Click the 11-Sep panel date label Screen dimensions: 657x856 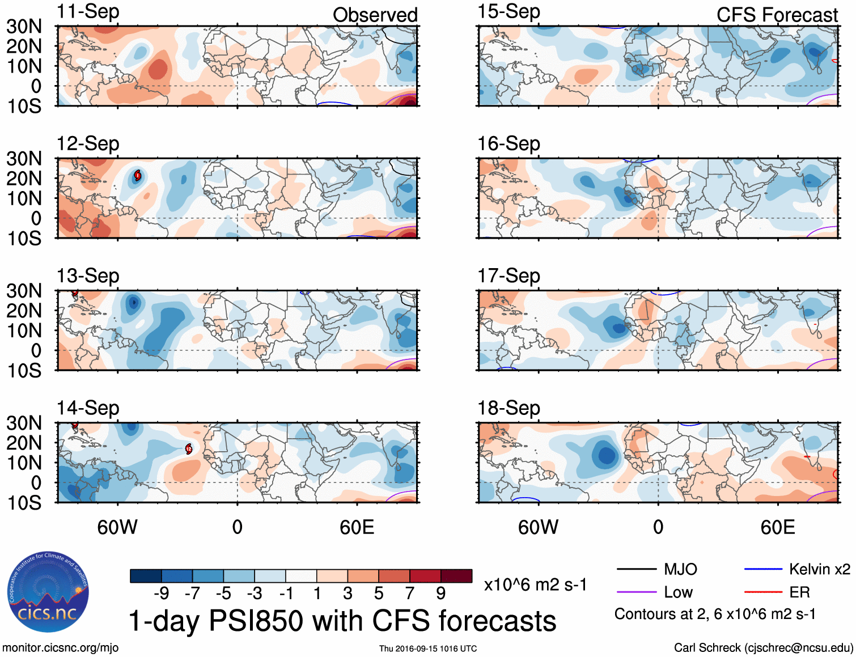click(88, 12)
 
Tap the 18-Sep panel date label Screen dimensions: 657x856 click(508, 408)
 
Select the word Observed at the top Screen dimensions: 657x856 click(375, 15)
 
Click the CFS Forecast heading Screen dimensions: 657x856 click(777, 15)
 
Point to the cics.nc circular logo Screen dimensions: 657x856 click(48, 593)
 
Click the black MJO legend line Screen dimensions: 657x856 click(636, 569)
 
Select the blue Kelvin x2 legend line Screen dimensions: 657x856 click(763, 569)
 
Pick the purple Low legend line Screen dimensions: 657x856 click(636, 592)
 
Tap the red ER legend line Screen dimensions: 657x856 click(763, 592)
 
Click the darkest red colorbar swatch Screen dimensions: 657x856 click(456, 576)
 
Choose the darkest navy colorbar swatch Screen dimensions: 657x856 click(145, 576)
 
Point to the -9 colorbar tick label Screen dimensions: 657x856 click(161, 594)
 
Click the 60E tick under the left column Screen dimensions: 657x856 click(357, 527)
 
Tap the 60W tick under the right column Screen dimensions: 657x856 click(538, 527)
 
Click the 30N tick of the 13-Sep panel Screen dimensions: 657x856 click(24, 291)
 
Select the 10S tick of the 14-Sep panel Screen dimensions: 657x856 click(24, 503)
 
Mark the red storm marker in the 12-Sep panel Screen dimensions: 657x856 click(137, 176)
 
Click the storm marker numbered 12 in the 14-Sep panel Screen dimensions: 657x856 click(189, 449)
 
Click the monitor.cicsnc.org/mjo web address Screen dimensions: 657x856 click(60, 647)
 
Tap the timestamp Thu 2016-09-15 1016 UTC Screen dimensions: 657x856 click(428, 648)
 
